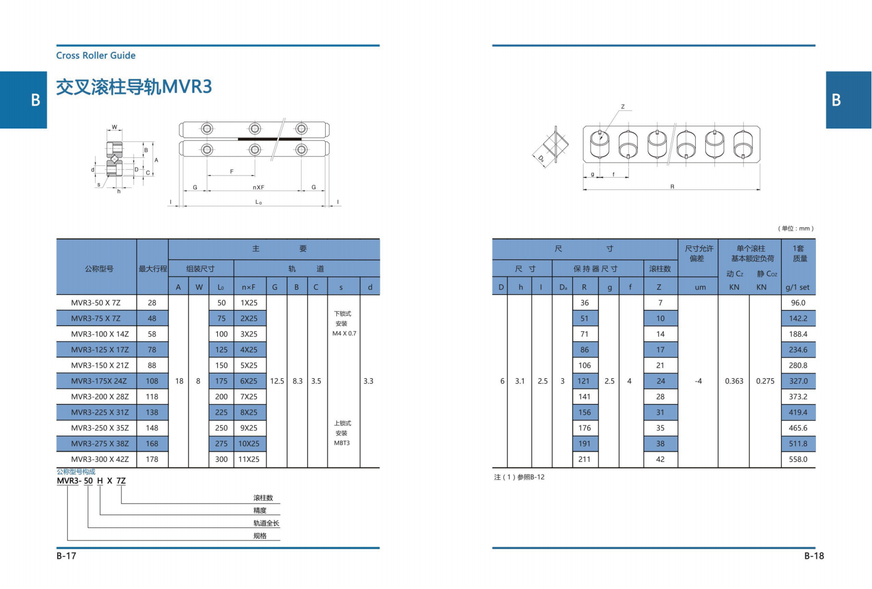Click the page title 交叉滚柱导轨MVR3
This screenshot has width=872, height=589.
pyautogui.click(x=134, y=86)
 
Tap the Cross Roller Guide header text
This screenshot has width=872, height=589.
pyautogui.click(x=96, y=55)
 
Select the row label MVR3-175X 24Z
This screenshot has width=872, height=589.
pyautogui.click(x=99, y=381)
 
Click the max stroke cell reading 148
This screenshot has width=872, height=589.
pyautogui.click(x=152, y=428)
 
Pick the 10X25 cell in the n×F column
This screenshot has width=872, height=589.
pyautogui.click(x=249, y=443)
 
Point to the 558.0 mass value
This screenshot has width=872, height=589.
pyautogui.click(x=798, y=459)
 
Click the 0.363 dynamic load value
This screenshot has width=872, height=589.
pyautogui.click(x=734, y=381)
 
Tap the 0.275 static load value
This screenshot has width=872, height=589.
pyautogui.click(x=765, y=381)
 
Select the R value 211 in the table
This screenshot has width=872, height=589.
pyautogui.click(x=584, y=459)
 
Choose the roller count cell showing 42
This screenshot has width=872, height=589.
pyautogui.click(x=660, y=459)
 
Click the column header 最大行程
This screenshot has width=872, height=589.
pyautogui.click(x=153, y=268)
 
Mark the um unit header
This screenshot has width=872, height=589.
pyautogui.click(x=700, y=287)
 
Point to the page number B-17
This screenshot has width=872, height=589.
pyautogui.click(x=66, y=555)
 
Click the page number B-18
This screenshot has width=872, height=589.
pyautogui.click(x=814, y=555)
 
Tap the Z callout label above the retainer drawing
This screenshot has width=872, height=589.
pyautogui.click(x=623, y=107)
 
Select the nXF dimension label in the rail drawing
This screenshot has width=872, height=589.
pyautogui.click(x=258, y=187)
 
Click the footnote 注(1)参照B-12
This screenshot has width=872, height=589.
pyautogui.click(x=520, y=477)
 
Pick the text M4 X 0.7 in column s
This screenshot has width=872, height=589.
pyautogui.click(x=344, y=333)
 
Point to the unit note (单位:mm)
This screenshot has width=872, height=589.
pyautogui.click(x=796, y=228)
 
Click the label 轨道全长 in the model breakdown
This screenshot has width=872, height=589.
pyautogui.click(x=266, y=523)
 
